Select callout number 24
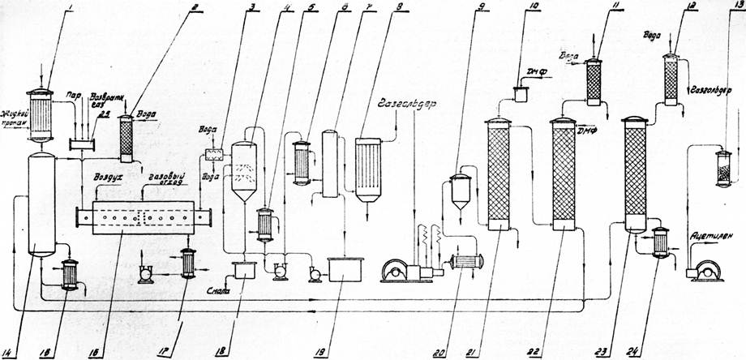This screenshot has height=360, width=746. tap(624, 352)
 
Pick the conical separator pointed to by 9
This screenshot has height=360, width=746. tap(460, 191)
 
